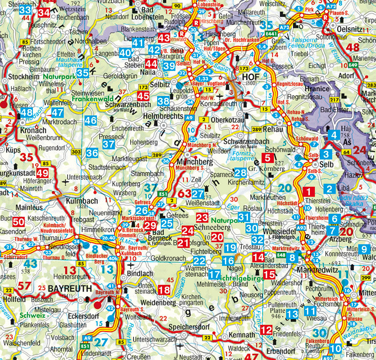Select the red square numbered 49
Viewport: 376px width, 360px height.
point(42,173)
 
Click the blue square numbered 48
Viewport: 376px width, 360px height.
point(26,112)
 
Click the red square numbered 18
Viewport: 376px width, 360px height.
point(164,290)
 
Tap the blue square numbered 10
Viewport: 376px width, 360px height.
point(335,348)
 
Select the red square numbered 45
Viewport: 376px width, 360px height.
point(143,96)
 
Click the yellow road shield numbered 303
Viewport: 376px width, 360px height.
point(76,151)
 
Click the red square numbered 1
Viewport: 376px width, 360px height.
point(309,192)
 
